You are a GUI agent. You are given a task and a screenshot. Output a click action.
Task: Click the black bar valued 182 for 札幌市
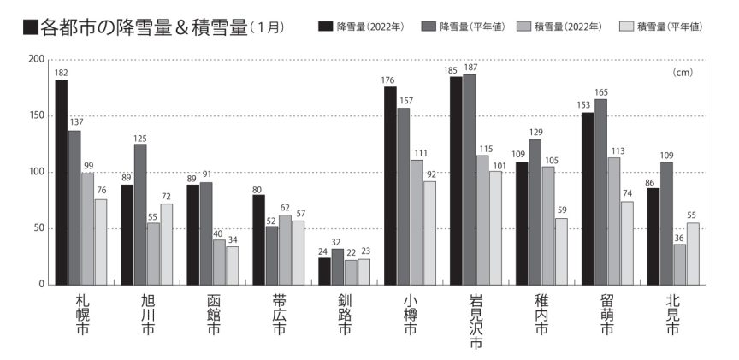(x=62, y=182)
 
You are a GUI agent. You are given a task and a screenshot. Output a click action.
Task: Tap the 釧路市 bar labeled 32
(x=337, y=266)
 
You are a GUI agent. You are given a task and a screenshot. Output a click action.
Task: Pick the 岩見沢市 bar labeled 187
(x=469, y=180)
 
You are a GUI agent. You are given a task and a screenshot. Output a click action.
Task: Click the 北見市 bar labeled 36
(x=679, y=264)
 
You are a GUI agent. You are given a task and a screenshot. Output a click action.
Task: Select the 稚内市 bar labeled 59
(x=561, y=251)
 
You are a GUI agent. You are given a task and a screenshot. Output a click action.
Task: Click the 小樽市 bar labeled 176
(x=390, y=186)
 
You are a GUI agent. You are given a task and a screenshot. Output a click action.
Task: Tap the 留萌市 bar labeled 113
(x=613, y=221)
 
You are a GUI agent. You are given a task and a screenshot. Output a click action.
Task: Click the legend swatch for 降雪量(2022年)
(x=325, y=27)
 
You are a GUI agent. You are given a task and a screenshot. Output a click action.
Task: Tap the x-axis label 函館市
(x=214, y=316)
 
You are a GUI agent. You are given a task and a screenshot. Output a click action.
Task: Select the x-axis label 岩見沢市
(x=476, y=323)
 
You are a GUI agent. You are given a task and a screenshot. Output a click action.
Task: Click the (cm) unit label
(x=683, y=73)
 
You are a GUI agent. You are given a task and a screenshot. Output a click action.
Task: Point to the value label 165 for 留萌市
(x=600, y=92)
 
